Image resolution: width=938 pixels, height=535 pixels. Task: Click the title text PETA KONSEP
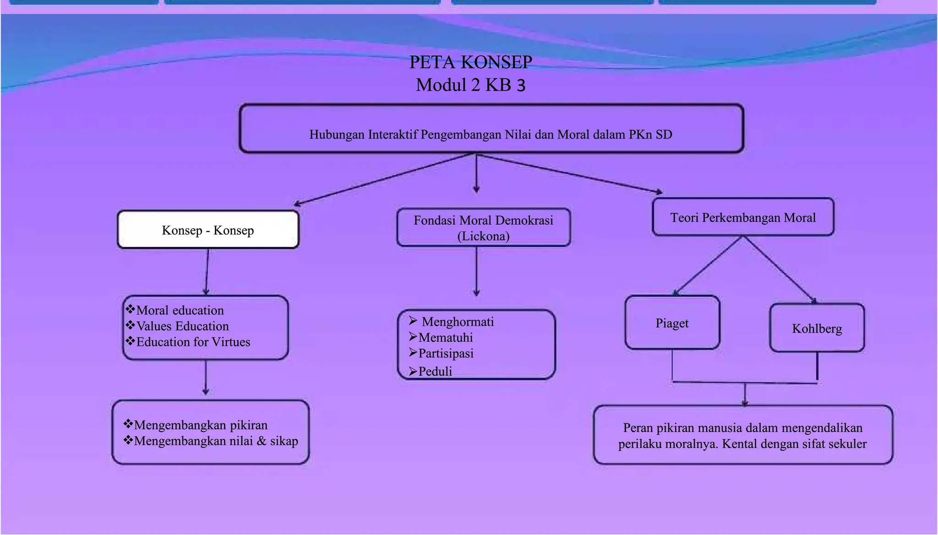coord(470,62)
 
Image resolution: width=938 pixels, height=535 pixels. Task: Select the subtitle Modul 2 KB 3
coord(470,85)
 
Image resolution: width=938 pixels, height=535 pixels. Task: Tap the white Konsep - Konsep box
coord(208,230)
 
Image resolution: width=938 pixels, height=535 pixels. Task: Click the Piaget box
coord(672,323)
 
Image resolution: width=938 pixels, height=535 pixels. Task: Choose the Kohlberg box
coord(817,328)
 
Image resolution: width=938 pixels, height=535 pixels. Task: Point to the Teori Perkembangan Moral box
coord(743,217)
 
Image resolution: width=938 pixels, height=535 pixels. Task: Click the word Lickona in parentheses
coord(483,236)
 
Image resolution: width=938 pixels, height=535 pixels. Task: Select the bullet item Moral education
coord(180,310)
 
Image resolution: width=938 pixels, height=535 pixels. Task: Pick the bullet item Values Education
coord(182,326)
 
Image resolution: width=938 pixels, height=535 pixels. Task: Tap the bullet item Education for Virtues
coord(193,342)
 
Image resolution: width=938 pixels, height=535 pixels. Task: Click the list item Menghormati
coord(458,322)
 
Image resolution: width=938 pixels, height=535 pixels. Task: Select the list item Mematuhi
coord(446,337)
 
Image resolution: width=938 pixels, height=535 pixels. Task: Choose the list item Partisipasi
coord(446,353)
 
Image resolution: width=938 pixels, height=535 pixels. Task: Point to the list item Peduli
coord(435,371)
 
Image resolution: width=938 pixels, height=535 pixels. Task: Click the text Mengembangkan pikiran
coord(201,425)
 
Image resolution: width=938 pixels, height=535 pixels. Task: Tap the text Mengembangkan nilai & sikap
coord(216,441)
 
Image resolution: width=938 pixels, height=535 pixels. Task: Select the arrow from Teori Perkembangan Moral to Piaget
coord(707,265)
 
